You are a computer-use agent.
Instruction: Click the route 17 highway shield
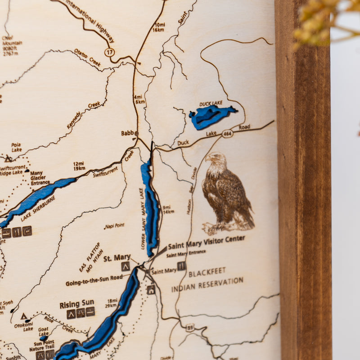[x=109, y=52]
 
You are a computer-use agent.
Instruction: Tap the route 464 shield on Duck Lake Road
[x=227, y=134]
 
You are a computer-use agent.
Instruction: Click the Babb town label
[x=128, y=133]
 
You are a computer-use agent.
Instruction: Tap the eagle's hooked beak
[x=208, y=158]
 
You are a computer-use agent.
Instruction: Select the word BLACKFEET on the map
[x=207, y=272]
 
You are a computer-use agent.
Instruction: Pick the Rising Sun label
[x=77, y=305]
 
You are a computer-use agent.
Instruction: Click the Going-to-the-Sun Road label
[x=94, y=281]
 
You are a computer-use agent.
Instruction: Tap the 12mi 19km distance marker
[x=79, y=166]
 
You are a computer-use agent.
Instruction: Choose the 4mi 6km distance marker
[x=139, y=99]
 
